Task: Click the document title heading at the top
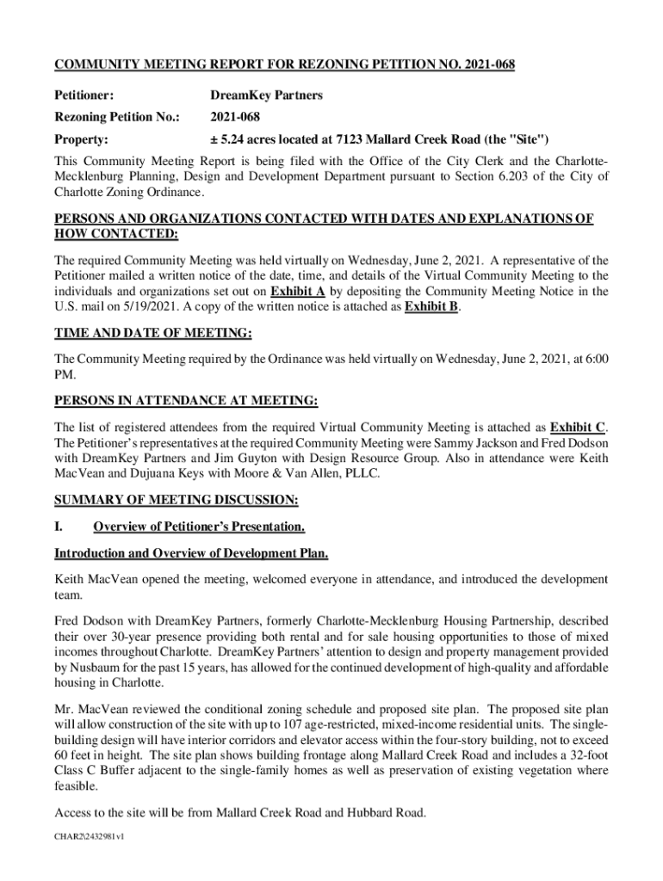(x=285, y=65)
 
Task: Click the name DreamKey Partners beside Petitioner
(x=267, y=95)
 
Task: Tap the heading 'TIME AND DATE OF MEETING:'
(x=153, y=335)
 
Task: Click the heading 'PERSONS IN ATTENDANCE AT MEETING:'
(x=186, y=401)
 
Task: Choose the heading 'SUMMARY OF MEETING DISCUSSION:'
(x=177, y=500)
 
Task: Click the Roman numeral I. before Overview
(x=59, y=526)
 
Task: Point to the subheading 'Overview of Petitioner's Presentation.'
(x=199, y=526)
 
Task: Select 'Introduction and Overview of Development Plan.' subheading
(x=191, y=552)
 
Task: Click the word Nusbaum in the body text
(x=99, y=668)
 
